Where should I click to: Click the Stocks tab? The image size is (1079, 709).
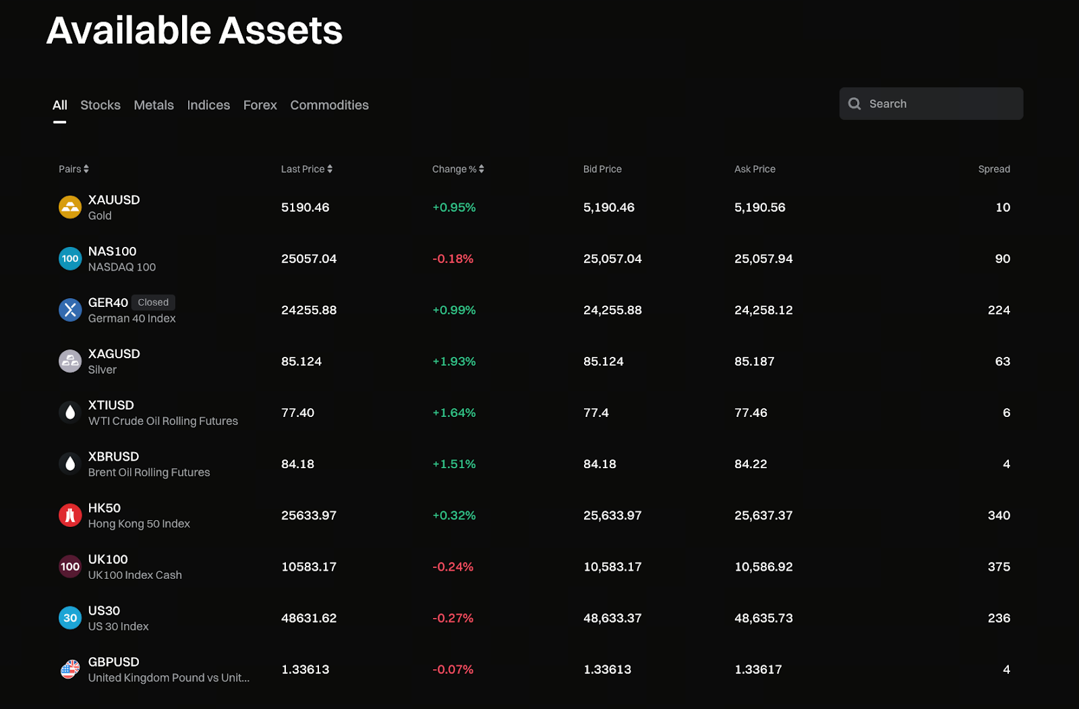[x=100, y=105]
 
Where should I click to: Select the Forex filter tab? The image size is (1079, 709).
[x=260, y=105]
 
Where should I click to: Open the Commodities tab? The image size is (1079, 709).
[x=329, y=105]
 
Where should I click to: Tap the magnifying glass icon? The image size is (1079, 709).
[x=854, y=104]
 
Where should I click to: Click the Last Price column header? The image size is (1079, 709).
[x=303, y=169]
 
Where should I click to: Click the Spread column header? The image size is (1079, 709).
[x=993, y=169]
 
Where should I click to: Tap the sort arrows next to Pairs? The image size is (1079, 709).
[x=86, y=169]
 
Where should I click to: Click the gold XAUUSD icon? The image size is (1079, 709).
[x=70, y=207]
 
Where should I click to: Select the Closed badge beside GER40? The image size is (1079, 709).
[x=153, y=302]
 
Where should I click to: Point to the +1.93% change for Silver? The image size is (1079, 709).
[x=454, y=362]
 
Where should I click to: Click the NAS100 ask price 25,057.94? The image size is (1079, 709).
[x=763, y=259]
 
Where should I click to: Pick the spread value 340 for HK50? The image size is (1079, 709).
[x=998, y=515]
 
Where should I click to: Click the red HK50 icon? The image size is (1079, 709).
[x=70, y=515]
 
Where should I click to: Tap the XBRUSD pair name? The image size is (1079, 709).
[x=113, y=457]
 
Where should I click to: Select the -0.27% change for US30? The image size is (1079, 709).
[x=453, y=618]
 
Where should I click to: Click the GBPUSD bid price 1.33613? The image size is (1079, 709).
[x=607, y=669]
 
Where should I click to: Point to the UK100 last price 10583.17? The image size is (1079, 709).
[x=308, y=567]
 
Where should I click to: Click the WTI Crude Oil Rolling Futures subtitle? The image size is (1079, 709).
[x=163, y=421]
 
